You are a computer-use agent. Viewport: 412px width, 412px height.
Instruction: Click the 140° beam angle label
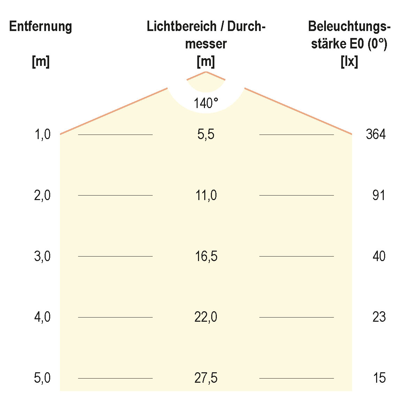206,104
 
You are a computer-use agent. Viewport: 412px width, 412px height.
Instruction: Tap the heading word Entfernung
40,26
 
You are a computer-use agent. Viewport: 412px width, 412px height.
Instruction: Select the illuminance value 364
375,134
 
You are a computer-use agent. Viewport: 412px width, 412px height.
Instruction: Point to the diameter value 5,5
206,134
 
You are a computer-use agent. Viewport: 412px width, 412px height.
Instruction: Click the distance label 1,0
43,134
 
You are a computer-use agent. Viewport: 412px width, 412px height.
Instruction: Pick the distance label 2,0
43,196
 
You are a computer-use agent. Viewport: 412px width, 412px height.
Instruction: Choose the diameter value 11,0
206,196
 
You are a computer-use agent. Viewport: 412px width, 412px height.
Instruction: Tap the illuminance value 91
379,196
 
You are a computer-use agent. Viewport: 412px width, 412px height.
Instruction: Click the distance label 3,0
43,257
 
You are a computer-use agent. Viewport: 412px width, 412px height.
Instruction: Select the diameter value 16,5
206,257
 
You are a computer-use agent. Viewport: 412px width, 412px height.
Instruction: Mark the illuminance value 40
379,257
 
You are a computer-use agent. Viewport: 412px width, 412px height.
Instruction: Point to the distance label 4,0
43,317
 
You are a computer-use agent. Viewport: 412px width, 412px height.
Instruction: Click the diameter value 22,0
206,317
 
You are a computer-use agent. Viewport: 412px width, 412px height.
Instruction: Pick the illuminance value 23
379,317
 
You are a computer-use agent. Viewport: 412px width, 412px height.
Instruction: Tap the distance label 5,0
43,378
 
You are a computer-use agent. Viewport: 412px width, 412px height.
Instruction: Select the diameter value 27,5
206,378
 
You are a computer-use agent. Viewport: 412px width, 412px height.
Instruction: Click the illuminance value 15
379,378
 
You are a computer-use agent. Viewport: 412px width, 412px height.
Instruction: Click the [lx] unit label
349,62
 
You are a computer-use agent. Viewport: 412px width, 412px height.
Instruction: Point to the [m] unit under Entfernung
40,62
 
